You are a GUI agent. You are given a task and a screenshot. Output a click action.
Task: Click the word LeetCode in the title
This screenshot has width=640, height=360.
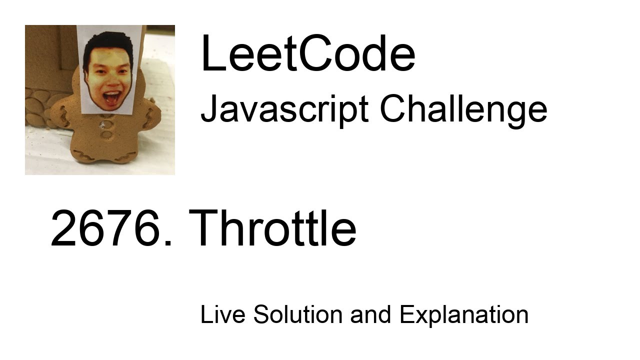(x=307, y=54)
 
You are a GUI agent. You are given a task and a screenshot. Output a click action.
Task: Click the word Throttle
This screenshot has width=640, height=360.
(x=272, y=229)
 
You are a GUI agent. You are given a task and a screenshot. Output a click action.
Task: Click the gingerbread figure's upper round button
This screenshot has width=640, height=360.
(x=106, y=123)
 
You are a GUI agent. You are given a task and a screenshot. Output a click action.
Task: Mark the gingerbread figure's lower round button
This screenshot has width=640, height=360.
(x=106, y=134)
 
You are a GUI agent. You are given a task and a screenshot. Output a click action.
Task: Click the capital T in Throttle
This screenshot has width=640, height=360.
(x=204, y=229)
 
